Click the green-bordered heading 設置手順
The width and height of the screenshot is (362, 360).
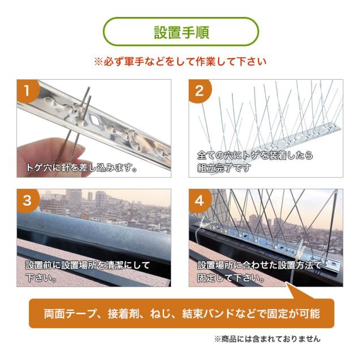click(x=181, y=32)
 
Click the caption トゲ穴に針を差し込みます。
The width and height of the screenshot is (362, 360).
click(x=81, y=168)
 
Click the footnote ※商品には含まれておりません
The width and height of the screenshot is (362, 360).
click(x=266, y=339)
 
